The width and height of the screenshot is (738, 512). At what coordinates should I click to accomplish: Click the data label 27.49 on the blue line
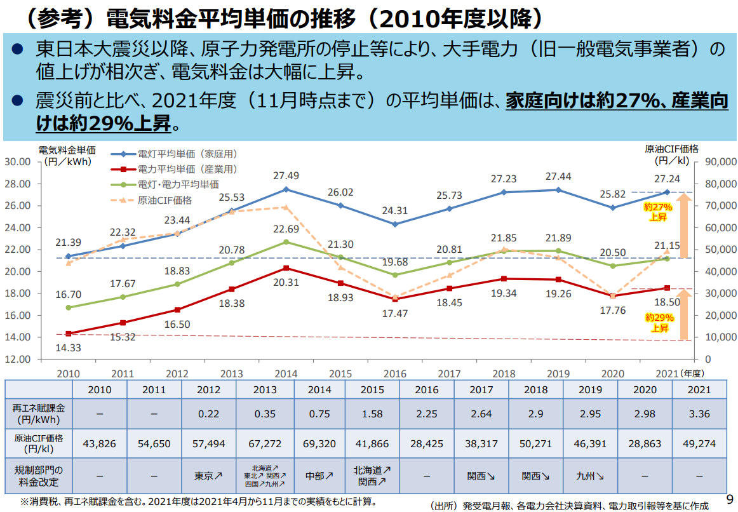[x=286, y=176]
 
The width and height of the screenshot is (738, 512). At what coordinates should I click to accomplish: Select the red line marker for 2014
[x=286, y=268]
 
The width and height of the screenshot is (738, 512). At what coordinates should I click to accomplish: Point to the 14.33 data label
[x=68, y=347]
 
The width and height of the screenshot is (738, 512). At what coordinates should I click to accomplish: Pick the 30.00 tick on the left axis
[x=18, y=162]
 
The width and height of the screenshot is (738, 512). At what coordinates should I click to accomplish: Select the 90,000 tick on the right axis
[x=720, y=162]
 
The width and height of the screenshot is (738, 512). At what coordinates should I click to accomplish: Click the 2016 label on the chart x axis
[x=394, y=374]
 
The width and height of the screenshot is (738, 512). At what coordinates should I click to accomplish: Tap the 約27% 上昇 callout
[x=658, y=212]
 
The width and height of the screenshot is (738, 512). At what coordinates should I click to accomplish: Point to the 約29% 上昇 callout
[x=659, y=323]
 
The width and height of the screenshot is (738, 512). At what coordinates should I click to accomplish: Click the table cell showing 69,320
[x=318, y=444]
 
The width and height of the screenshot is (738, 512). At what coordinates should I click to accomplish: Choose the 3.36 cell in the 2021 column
[x=698, y=414]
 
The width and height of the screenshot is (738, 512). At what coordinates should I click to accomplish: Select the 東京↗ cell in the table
[x=208, y=475]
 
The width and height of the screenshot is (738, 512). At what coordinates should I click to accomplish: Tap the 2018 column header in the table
[x=535, y=389]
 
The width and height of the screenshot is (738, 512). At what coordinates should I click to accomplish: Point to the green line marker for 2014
[x=286, y=242]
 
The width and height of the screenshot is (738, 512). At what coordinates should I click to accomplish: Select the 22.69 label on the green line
[x=286, y=229]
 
